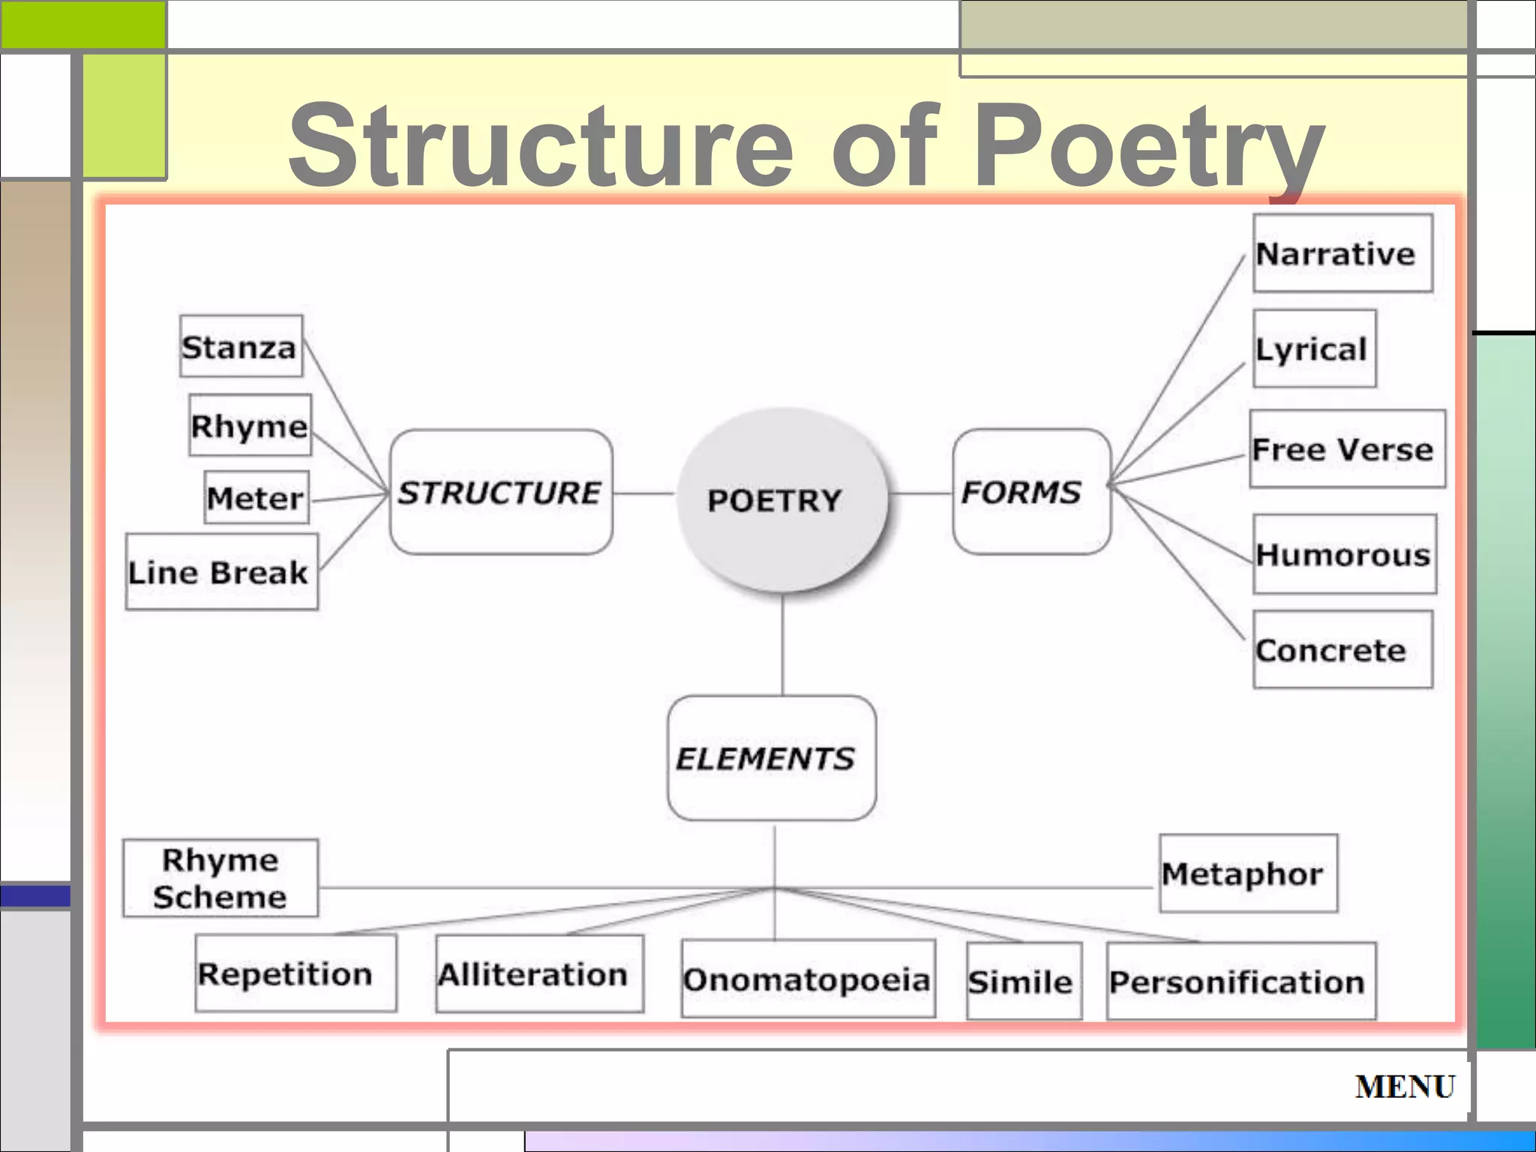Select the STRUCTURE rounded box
(x=500, y=492)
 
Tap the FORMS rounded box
(x=1030, y=492)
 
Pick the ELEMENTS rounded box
(x=771, y=758)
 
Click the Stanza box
(x=241, y=346)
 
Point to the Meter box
(x=256, y=497)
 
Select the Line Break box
(x=221, y=571)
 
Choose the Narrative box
(x=1342, y=253)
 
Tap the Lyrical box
(x=1314, y=349)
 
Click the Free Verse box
(x=1346, y=449)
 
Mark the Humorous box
(x=1344, y=554)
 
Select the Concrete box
(x=1342, y=649)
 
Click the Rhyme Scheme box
(x=220, y=877)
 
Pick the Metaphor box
(x=1247, y=873)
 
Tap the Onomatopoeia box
(x=808, y=979)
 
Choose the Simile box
(x=1024, y=981)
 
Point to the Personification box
(x=1240, y=981)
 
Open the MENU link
(x=1405, y=1086)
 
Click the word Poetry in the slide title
(x=1147, y=146)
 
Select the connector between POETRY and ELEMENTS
(x=782, y=645)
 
